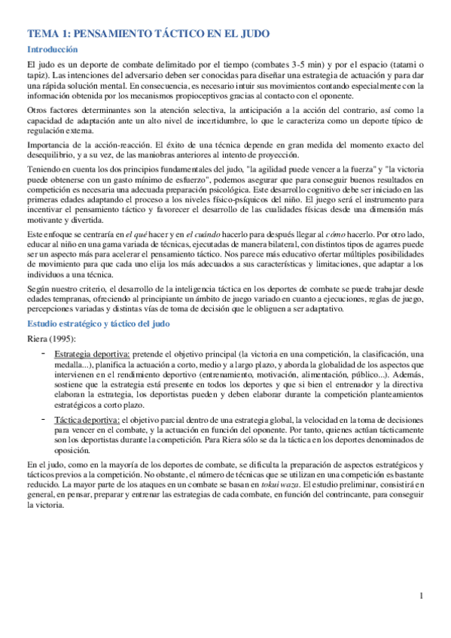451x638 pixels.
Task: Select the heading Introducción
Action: [53, 50]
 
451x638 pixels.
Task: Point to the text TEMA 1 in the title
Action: [47, 33]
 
